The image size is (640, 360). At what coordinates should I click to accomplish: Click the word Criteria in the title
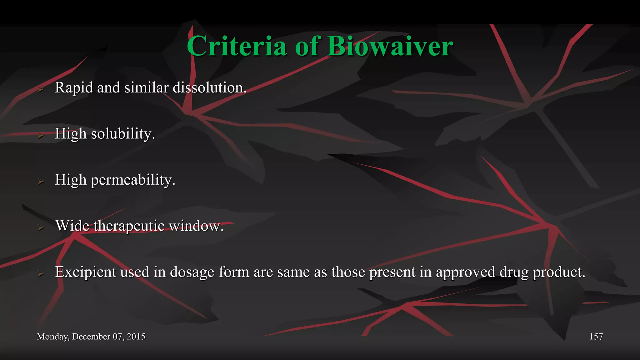[237, 46]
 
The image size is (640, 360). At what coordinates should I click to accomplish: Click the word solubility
[122, 134]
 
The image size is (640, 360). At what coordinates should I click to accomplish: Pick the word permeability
[133, 180]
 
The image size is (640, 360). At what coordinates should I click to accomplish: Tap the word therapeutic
[129, 226]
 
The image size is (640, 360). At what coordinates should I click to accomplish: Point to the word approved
[465, 272]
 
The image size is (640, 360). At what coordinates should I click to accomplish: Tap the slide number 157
[596, 337]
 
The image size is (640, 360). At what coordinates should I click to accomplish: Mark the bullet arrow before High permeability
[40, 181]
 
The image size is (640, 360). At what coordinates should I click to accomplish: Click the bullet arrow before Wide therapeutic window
[40, 227]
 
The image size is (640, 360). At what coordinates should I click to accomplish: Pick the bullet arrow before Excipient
[40, 273]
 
